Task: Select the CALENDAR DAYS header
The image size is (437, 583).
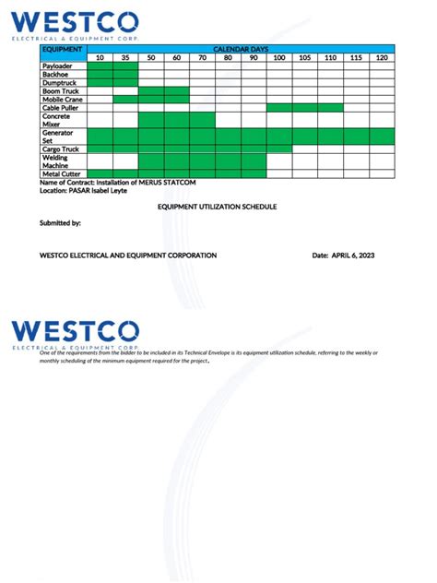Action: (241, 49)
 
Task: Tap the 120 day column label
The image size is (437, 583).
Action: (381, 58)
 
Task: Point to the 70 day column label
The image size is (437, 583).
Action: (202, 58)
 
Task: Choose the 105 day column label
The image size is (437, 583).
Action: (304, 58)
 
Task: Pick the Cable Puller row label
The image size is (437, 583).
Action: (61, 108)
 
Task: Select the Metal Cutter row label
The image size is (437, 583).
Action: (61, 173)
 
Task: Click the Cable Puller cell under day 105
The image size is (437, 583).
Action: (304, 108)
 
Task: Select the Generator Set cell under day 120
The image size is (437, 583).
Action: (381, 137)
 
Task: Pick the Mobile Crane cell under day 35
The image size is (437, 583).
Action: (125, 100)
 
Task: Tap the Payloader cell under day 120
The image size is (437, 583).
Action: (381, 66)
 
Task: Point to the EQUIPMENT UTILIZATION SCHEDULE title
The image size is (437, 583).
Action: (218, 208)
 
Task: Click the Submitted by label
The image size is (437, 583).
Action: (60, 223)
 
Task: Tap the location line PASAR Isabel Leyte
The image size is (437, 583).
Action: (95, 191)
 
